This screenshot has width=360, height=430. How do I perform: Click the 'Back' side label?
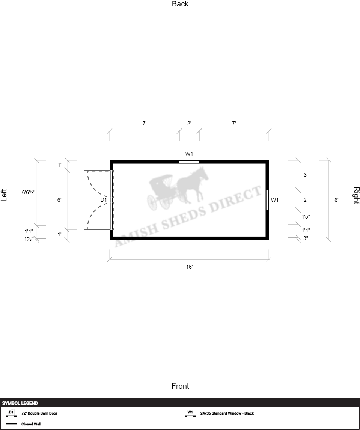coord(180,4)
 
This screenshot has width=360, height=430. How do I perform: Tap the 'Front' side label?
coord(180,386)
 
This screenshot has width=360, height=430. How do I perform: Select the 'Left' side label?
coord(4,195)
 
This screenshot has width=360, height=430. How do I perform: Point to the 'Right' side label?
coord(356,195)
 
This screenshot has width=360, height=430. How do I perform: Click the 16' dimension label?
coord(189,267)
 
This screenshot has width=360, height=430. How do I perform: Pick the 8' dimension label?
coord(336,200)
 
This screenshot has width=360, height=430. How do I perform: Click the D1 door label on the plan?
coord(103,200)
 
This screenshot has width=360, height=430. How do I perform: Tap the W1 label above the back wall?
coord(189,154)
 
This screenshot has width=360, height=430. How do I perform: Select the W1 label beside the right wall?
coord(274,200)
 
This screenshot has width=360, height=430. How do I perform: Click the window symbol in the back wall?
coord(189,162)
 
